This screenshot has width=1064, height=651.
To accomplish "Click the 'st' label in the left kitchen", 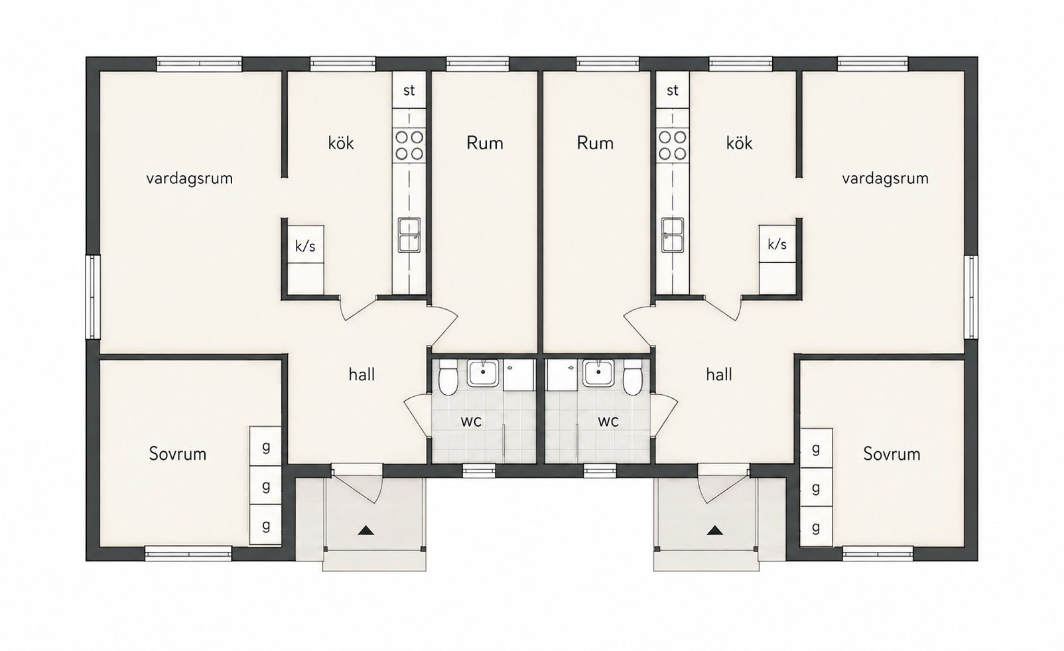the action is [409, 90].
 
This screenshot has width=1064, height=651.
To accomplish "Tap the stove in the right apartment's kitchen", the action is [673, 145].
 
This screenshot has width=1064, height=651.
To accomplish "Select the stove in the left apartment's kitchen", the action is [409, 145].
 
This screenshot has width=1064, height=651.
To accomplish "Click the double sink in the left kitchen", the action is [409, 235].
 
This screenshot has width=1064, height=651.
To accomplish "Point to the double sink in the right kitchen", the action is [673, 235].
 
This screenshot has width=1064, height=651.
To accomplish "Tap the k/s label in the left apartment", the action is [305, 246].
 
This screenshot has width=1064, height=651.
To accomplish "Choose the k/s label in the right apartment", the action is [777, 244].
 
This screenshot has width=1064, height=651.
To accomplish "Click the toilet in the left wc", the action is [448, 378].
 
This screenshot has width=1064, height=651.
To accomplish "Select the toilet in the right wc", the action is [633, 378].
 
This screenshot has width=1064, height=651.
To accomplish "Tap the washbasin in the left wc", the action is [483, 373].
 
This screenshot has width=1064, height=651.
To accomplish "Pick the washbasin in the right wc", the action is [598, 373].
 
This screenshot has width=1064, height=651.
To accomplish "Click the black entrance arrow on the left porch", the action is [366, 530].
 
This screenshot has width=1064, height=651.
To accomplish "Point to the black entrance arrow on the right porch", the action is [714, 530].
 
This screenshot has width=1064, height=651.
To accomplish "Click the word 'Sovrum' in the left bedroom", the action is [178, 454].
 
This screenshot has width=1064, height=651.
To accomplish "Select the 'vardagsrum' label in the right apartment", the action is [886, 179].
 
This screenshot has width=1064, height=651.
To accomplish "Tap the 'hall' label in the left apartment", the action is [362, 374].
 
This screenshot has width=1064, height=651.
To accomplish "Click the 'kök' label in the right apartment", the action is [739, 143].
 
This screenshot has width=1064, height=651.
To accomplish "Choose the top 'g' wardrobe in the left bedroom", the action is [265, 446].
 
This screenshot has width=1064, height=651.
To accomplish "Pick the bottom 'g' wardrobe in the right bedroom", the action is [816, 526].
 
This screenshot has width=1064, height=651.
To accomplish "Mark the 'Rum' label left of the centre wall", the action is [484, 143].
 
